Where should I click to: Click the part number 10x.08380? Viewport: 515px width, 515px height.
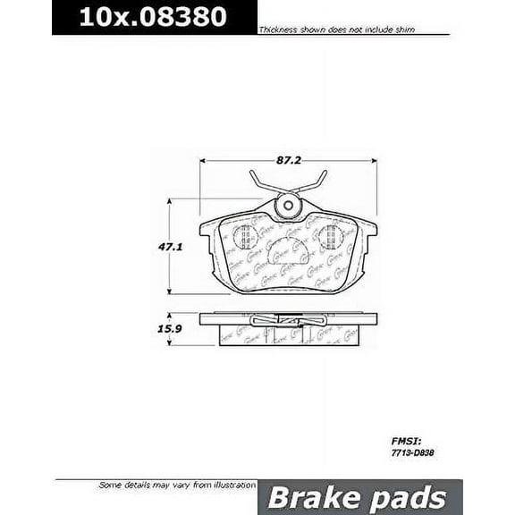[x=153, y=17]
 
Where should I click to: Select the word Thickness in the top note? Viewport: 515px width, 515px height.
[x=278, y=30]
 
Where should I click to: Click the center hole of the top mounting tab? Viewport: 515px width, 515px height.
[x=288, y=207]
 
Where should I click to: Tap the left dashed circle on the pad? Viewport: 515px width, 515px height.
[x=245, y=236]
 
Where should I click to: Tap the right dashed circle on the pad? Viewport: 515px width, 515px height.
[x=329, y=236]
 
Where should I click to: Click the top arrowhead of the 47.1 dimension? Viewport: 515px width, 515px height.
[x=171, y=203]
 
